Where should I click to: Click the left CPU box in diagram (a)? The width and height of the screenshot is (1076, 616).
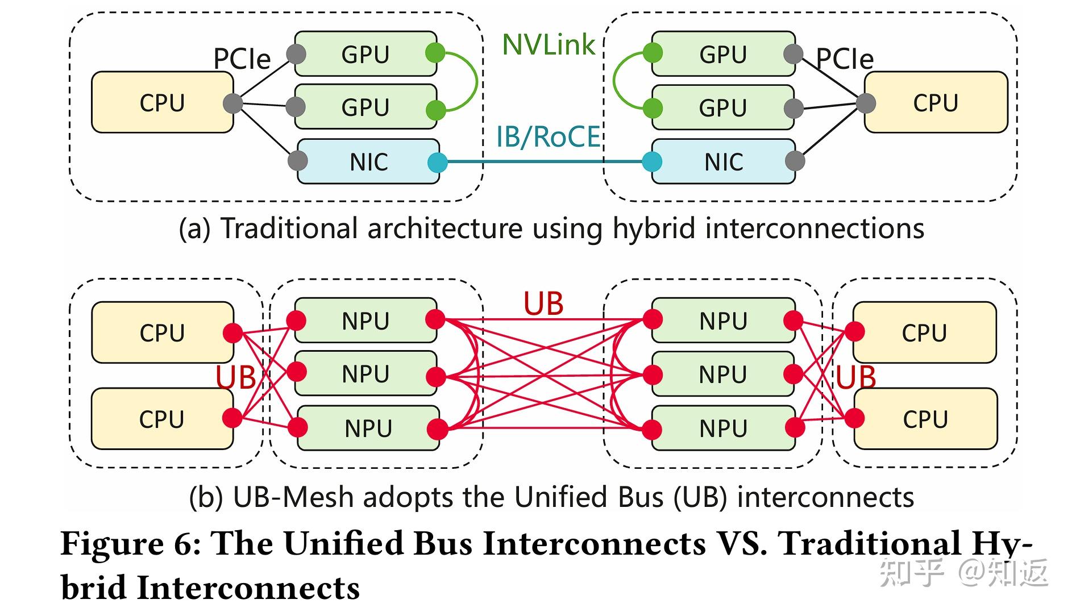163,102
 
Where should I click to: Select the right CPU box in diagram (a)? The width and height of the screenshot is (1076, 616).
936,102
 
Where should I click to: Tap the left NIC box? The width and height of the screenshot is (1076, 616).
368,161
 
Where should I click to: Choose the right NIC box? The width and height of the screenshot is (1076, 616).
723,161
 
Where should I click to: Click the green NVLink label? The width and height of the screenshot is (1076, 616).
549,44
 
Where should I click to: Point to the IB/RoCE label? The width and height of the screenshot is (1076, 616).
549,137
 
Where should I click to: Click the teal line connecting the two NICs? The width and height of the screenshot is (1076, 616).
545,162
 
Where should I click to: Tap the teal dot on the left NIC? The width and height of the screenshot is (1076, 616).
437,163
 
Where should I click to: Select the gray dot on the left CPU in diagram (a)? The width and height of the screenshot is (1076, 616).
233,104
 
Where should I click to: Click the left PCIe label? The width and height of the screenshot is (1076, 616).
242,59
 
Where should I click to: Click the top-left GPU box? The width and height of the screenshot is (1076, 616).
365,54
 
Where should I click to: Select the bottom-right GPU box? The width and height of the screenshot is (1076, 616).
723,107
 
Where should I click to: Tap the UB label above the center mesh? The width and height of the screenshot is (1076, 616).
543,304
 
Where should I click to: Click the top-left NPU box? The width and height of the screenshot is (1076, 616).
365,321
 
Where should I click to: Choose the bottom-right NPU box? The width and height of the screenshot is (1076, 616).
723,428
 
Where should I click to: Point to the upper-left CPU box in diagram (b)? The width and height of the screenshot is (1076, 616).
163,332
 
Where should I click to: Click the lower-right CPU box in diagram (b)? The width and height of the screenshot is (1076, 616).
925,419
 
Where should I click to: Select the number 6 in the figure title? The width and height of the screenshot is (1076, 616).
184,544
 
